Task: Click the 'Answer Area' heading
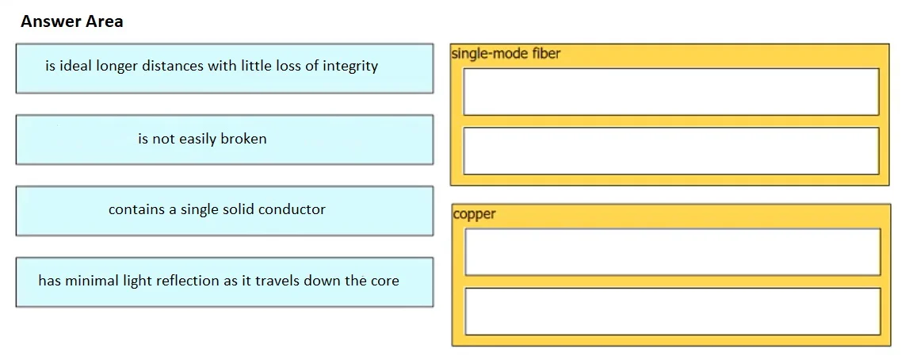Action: point(71,21)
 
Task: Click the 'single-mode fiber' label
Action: point(506,54)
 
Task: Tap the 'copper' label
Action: point(474,214)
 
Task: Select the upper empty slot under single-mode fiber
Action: point(670,91)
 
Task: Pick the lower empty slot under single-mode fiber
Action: point(670,151)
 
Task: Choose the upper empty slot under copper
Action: point(673,251)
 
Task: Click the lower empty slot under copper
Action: point(673,312)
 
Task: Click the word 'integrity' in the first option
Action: point(350,67)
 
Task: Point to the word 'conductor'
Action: point(292,209)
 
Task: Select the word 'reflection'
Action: point(187,281)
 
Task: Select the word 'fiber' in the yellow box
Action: point(546,54)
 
